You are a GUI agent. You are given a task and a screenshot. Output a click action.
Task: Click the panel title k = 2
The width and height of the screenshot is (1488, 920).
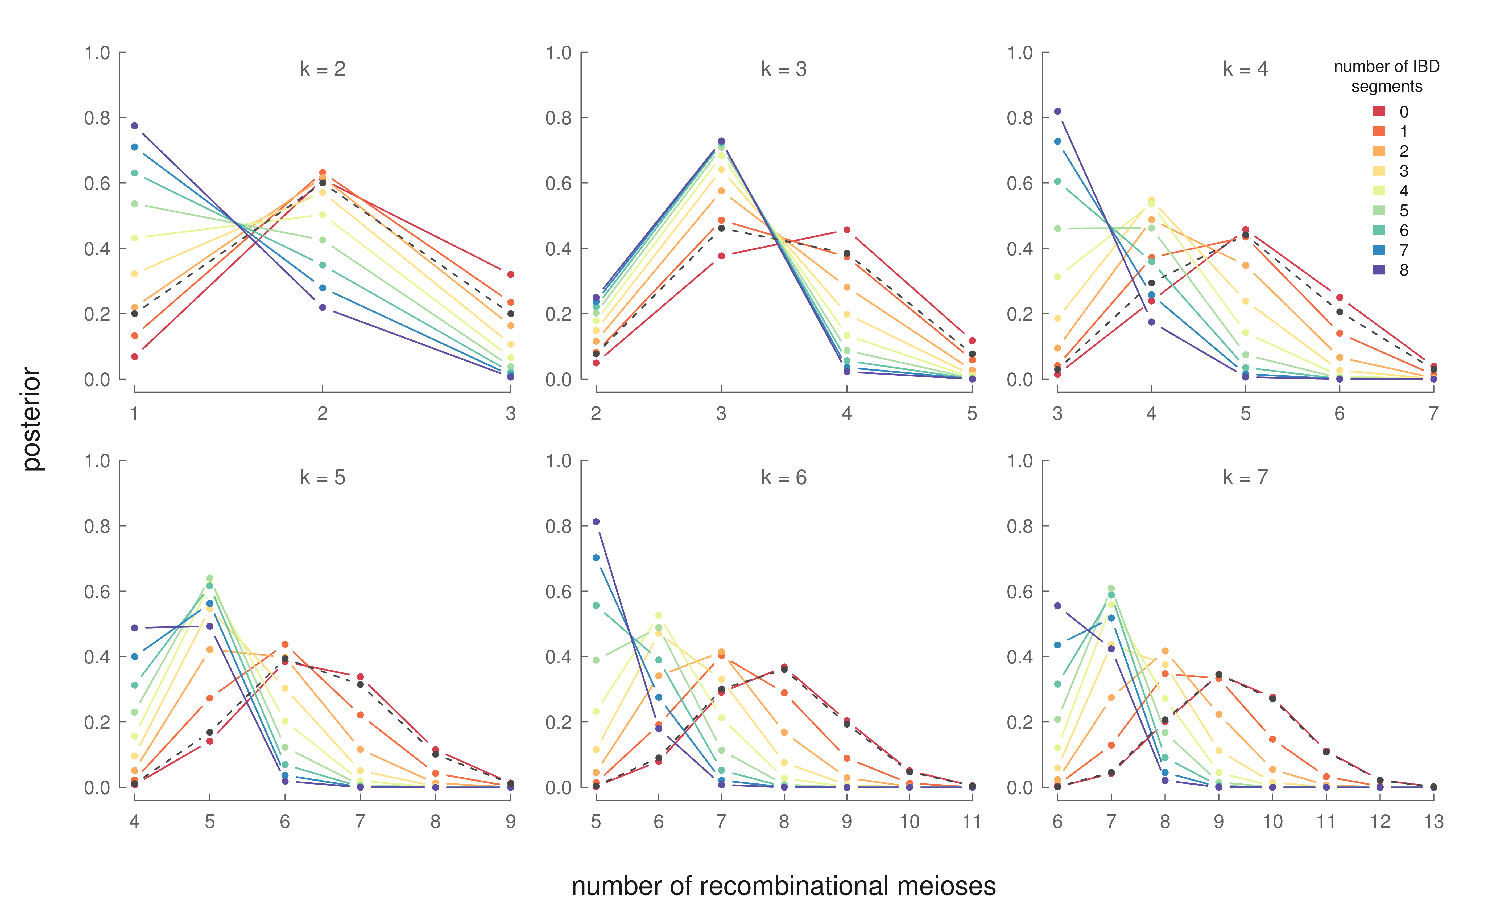tap(322, 69)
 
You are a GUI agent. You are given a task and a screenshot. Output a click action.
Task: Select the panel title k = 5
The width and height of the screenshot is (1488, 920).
tap(322, 478)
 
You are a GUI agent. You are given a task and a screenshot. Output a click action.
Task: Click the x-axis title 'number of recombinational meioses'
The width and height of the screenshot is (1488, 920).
tap(783, 886)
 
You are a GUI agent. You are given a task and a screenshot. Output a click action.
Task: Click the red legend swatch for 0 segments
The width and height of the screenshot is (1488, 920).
tap(1379, 111)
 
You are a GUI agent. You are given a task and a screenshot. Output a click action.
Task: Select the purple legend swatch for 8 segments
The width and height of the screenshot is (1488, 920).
tap(1379, 270)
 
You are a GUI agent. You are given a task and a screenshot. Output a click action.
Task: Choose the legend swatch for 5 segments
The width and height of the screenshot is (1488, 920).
tap(1379, 211)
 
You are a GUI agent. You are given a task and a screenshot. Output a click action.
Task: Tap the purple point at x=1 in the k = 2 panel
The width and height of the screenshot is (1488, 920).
tap(134, 126)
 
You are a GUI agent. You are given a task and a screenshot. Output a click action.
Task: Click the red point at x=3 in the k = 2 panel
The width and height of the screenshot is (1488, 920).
tap(511, 274)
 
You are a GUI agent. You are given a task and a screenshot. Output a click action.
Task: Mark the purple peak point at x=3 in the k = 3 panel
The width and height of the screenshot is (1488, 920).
tap(721, 141)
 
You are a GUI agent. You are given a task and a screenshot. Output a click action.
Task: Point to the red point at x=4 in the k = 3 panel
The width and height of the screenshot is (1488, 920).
tap(846, 230)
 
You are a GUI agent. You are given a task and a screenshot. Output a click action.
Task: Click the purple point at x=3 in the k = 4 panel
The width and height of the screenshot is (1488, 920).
tap(1057, 111)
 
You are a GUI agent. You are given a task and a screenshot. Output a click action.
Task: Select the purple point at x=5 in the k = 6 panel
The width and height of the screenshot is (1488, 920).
tap(596, 521)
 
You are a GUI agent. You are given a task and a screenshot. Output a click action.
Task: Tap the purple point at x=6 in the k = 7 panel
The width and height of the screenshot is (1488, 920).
tap(1057, 606)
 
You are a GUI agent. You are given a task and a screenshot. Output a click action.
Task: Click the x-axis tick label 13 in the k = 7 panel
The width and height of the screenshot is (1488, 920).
tap(1433, 822)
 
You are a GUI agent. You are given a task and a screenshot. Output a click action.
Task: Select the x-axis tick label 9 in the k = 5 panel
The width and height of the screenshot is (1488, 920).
tap(511, 822)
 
